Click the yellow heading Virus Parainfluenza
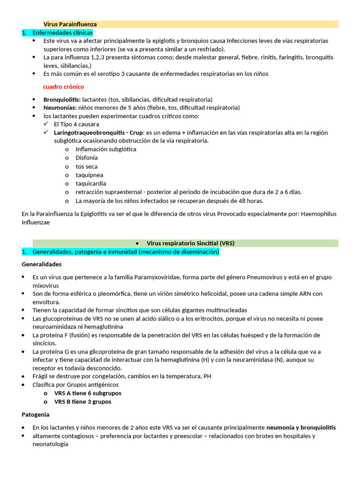tap(70, 24)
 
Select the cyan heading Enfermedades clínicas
tap(62, 33)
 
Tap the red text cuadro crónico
tap(63, 87)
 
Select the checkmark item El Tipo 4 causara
tap(76, 124)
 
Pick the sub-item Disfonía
tap(87, 158)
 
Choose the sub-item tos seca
tap(87, 166)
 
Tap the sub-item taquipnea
tap(90, 175)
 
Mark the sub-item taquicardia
tap(91, 184)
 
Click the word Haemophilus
tap(319, 214)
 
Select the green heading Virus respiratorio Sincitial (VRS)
tap(190, 243)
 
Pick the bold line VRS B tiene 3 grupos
tap(82, 402)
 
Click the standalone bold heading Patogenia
tap(36, 415)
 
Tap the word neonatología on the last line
tap(50, 444)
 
